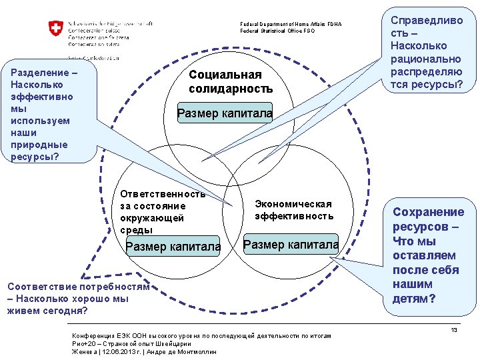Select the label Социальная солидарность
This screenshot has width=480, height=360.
(x=231, y=81)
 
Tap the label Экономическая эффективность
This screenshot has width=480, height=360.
(x=293, y=209)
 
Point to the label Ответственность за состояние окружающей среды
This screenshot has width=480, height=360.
(x=163, y=211)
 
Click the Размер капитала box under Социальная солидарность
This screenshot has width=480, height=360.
(x=225, y=114)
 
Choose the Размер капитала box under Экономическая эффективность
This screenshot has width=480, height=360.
(x=291, y=245)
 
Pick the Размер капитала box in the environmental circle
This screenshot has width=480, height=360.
(x=173, y=247)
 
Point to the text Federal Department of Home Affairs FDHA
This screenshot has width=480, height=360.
(x=291, y=24)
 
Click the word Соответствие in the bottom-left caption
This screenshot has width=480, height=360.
(x=41, y=287)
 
